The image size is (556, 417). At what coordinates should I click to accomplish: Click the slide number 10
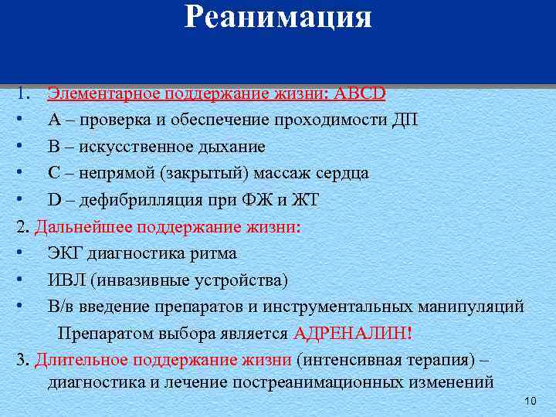pos(530,401)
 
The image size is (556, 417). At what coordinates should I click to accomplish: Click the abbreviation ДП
pos(404,120)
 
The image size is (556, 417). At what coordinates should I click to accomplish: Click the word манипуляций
pos(473,307)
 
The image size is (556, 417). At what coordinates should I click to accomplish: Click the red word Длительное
pos(81,360)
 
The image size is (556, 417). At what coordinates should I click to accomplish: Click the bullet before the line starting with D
pos(18,200)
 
